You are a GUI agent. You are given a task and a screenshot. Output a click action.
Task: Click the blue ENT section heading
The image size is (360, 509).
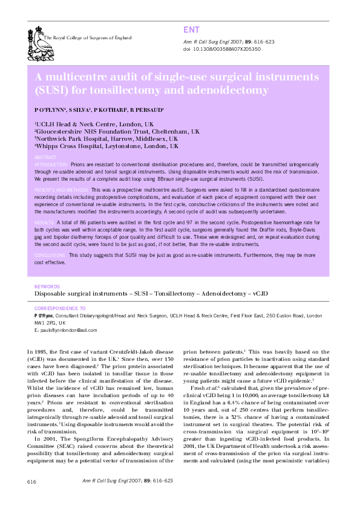point(191,30)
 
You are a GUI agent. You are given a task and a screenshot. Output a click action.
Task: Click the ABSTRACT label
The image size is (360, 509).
point(46,157)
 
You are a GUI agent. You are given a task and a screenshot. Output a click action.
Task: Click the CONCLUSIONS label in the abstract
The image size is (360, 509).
point(51,256)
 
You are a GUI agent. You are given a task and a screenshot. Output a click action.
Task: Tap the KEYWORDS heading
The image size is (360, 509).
point(47,286)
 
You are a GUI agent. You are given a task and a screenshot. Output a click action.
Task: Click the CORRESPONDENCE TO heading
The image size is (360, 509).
point(60,308)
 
